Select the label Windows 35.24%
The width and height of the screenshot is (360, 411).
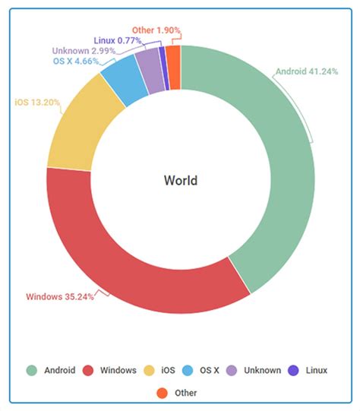[60, 296]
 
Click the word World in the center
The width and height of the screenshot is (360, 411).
[181, 180]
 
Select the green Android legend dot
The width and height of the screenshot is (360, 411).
[32, 370]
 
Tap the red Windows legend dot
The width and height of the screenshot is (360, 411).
[89, 370]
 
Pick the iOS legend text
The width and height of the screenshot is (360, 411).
[167, 371]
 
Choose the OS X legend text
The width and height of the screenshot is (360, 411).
[209, 371]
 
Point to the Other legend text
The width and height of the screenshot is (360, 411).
[186, 393]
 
